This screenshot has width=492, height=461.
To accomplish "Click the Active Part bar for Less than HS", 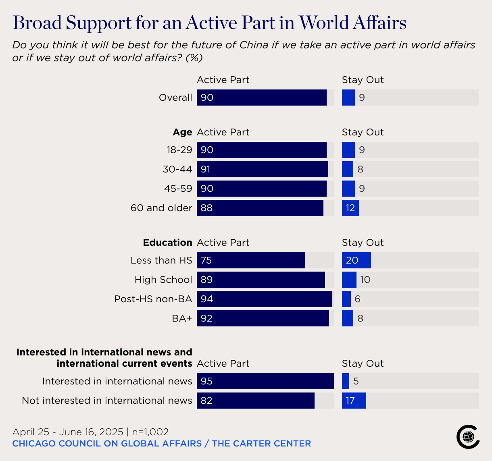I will (250, 260).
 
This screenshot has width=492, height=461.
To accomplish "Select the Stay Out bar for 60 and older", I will (350, 208).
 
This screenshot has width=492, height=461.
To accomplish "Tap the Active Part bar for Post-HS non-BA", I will (264, 299).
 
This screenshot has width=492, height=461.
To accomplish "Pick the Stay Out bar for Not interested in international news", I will (354, 401).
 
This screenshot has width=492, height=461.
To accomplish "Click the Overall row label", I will (175, 98).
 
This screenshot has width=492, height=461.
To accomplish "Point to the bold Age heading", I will (182, 132).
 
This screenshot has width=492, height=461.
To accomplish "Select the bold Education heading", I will (167, 243).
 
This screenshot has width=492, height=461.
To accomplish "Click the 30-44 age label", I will (177, 169).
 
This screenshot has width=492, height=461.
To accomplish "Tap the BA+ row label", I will (182, 318).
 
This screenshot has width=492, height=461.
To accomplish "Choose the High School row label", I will (163, 280).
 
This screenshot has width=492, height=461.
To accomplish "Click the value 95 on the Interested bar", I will (206, 381).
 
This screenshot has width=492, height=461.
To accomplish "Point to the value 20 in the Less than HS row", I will (352, 260).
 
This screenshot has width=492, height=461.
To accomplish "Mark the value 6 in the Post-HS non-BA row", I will (357, 299).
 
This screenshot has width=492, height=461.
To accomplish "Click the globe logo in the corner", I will (468, 436).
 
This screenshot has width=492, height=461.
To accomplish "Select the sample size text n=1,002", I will (150, 432).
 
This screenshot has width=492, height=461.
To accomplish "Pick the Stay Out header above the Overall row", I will (363, 80).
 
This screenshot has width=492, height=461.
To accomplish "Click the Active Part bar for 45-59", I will (261, 189).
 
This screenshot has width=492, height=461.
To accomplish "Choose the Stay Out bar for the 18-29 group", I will (348, 150).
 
